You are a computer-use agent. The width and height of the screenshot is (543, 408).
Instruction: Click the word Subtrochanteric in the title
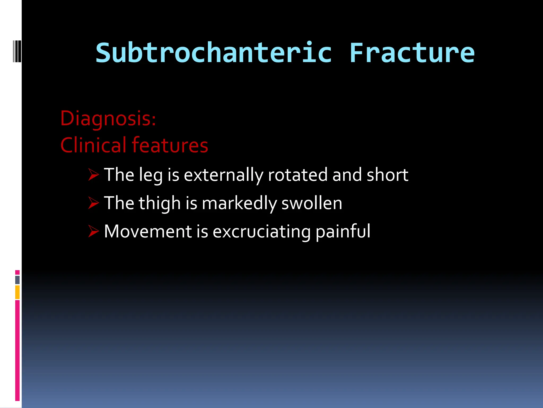(x=214, y=53)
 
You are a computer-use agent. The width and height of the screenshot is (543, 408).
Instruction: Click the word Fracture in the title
(x=412, y=53)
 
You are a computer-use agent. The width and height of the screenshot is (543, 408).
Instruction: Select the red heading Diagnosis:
(x=108, y=118)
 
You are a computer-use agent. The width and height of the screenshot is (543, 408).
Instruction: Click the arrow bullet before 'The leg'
(x=93, y=175)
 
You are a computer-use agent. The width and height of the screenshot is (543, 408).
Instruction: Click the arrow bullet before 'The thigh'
(x=93, y=203)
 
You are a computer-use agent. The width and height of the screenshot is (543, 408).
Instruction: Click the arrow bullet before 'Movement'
(x=93, y=231)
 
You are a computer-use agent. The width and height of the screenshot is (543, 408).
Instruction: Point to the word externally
(x=224, y=175)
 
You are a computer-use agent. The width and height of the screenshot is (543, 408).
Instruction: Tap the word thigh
(x=160, y=203)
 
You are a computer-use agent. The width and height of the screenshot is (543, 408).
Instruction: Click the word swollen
(x=312, y=203)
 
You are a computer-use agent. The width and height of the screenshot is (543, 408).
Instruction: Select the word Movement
(x=148, y=231)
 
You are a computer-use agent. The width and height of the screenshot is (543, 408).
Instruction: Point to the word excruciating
(x=262, y=232)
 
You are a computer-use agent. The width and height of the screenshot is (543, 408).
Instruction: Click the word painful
(x=343, y=232)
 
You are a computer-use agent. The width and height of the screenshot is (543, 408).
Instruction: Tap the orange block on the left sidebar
(x=17, y=292)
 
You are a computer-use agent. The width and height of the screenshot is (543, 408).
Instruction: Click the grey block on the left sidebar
(x=17, y=280)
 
